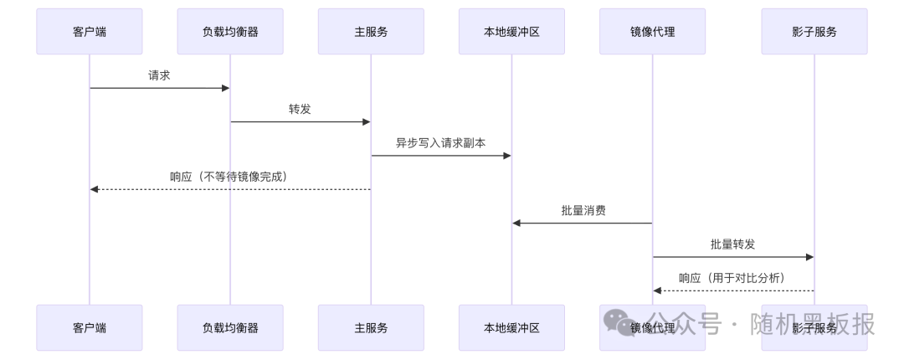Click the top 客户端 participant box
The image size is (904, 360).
[x=90, y=32]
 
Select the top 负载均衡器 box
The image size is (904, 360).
[x=230, y=32]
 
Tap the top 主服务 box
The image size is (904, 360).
[x=371, y=32]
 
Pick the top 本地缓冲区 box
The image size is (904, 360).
[x=511, y=32]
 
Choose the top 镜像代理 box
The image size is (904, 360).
[x=652, y=32]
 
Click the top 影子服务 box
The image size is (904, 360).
[x=814, y=32]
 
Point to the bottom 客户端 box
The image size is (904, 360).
[x=90, y=327]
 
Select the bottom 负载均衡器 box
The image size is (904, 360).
[x=230, y=327]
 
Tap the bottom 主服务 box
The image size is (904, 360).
[x=371, y=327]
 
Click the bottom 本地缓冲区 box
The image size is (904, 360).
[x=511, y=327]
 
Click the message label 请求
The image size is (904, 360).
[x=160, y=75]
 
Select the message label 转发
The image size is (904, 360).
[x=300, y=109]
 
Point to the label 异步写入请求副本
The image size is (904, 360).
[x=441, y=142]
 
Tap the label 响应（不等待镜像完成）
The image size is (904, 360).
[x=229, y=177]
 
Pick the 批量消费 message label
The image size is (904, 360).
[x=583, y=210]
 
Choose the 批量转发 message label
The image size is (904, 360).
[x=732, y=244]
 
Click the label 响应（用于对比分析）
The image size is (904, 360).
[x=732, y=277]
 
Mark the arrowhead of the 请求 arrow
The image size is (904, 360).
[x=225, y=88]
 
